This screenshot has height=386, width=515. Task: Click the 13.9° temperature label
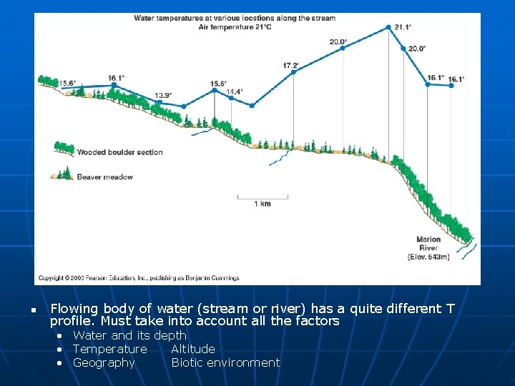coord(164,95)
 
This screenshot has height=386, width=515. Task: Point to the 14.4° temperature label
coord(235,91)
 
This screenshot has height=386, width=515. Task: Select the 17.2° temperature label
coord(291,66)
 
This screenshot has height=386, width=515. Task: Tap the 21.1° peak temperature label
coord(403,27)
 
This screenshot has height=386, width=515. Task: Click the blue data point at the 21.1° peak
coord(388,28)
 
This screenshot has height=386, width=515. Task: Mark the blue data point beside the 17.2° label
coord(293,72)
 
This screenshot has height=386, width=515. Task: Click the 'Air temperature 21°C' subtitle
coord(235,26)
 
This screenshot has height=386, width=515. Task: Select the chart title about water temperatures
coord(235,18)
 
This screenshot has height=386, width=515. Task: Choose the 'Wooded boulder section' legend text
coord(119,152)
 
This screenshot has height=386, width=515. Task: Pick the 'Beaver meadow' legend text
coord(104,177)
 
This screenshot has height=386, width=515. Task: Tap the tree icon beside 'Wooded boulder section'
coord(64,149)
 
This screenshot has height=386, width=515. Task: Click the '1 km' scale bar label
coord(263,204)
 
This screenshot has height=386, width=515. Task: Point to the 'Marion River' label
coord(428,244)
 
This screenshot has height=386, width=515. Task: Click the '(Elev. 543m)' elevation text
coord(428,257)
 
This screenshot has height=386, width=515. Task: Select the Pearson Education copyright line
coord(139,278)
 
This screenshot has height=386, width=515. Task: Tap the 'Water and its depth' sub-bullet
coord(129,335)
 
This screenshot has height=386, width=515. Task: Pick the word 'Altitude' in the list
coord(192,349)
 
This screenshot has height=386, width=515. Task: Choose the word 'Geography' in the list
coord(104,362)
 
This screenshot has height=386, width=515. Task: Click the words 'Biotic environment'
coord(225,362)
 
